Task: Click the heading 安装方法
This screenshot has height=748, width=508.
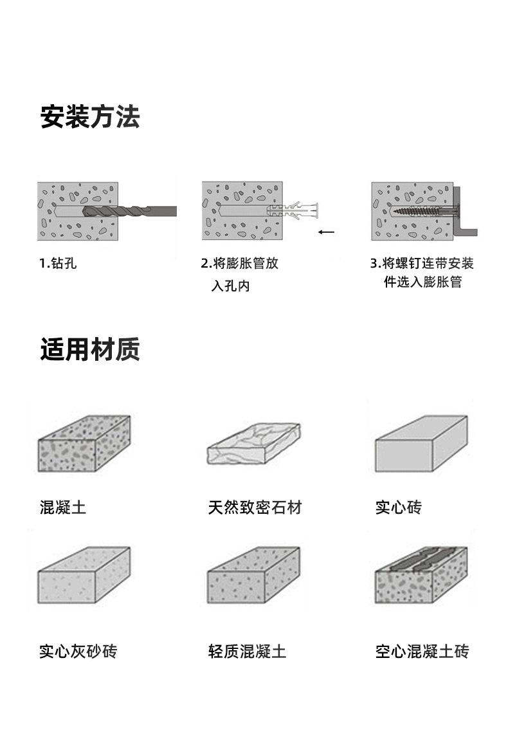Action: click(90, 117)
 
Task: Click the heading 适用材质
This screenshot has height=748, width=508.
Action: click(90, 349)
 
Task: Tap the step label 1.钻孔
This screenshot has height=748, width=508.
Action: click(58, 263)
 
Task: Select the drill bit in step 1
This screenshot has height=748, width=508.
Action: click(129, 211)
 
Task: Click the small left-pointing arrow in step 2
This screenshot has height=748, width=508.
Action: click(326, 232)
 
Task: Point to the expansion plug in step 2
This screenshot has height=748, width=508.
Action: click(293, 210)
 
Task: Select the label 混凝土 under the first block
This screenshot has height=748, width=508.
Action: click(63, 507)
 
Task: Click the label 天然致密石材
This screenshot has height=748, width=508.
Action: click(255, 507)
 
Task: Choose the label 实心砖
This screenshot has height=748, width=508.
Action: click(399, 507)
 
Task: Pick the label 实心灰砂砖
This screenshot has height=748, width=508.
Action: click(78, 651)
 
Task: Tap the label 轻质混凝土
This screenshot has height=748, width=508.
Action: click(247, 651)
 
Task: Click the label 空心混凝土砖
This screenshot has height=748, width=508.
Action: click(422, 651)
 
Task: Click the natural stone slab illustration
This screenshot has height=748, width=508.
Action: click(254, 444)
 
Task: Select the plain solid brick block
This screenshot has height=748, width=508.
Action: click(421, 444)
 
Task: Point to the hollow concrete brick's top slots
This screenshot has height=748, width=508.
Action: click(423, 558)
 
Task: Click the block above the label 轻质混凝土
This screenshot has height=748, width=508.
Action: click(254, 576)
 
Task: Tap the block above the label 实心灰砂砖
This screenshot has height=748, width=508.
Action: click(84, 576)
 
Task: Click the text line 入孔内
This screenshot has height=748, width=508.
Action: click(230, 286)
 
